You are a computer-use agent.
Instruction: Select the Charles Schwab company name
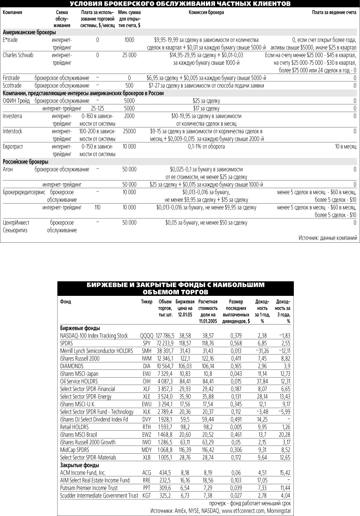18,55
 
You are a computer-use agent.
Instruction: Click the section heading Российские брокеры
21,161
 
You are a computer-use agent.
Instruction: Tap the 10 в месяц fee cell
346,147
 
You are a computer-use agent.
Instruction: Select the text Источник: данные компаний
328,238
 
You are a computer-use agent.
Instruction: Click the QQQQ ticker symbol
147,336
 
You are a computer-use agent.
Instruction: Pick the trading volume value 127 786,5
165,336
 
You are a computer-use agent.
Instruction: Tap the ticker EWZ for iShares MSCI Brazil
147,435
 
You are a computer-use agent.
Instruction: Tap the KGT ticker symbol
147,496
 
